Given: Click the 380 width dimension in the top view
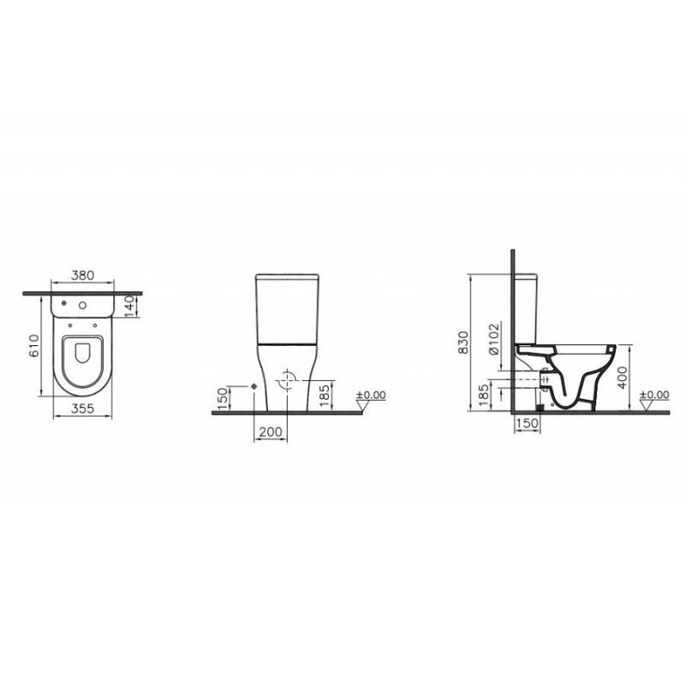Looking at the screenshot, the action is coord(82,275).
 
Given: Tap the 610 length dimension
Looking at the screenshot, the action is coord(34,346).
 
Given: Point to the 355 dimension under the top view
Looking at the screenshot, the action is coord(82,408).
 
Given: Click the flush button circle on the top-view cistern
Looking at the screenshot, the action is coord(82,306).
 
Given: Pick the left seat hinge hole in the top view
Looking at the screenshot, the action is coord(70,325).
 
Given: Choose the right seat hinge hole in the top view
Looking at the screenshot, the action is coord(95,325).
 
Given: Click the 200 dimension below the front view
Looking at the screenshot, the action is coord(271,432).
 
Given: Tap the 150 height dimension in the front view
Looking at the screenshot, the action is coord(223,397).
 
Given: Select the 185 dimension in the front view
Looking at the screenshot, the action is coord(325,396).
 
